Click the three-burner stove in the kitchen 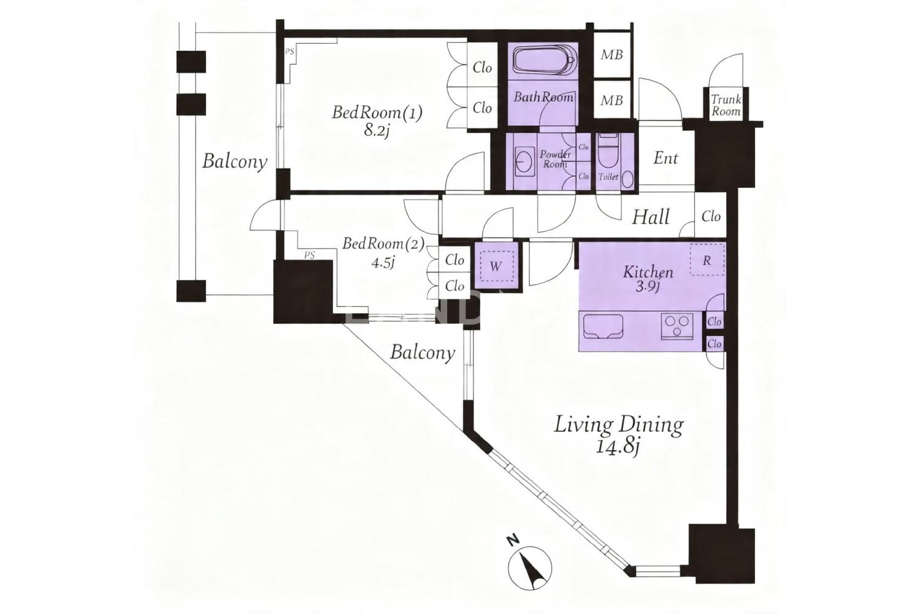tap(677, 327)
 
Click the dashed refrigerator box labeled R tap(707, 260)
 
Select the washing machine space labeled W tap(497, 266)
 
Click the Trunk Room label tap(726, 105)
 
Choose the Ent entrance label tap(665, 158)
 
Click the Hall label tap(651, 217)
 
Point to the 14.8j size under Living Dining tap(617, 447)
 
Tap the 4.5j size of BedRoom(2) tap(383, 262)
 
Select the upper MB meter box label tap(611, 55)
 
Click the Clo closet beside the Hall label tap(711, 216)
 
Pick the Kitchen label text tap(648, 272)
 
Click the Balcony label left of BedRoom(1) tap(234, 161)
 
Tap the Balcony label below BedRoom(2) tap(423, 352)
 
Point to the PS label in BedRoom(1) tap(290, 52)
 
